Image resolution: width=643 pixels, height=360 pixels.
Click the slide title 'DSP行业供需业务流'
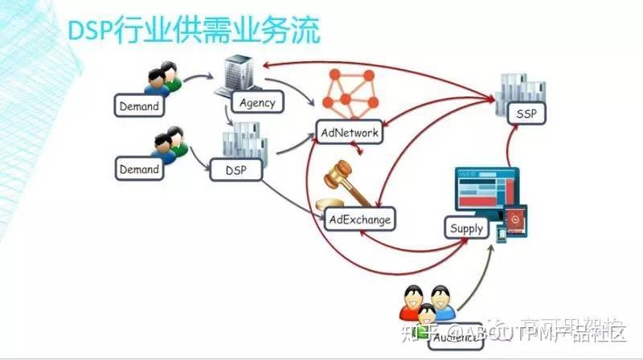193,31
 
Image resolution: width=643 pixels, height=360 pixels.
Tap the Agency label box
257,102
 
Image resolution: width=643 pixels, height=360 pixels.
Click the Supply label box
466,228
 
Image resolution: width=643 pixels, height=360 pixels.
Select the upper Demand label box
139,105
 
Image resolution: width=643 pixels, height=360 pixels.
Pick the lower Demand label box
139,170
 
